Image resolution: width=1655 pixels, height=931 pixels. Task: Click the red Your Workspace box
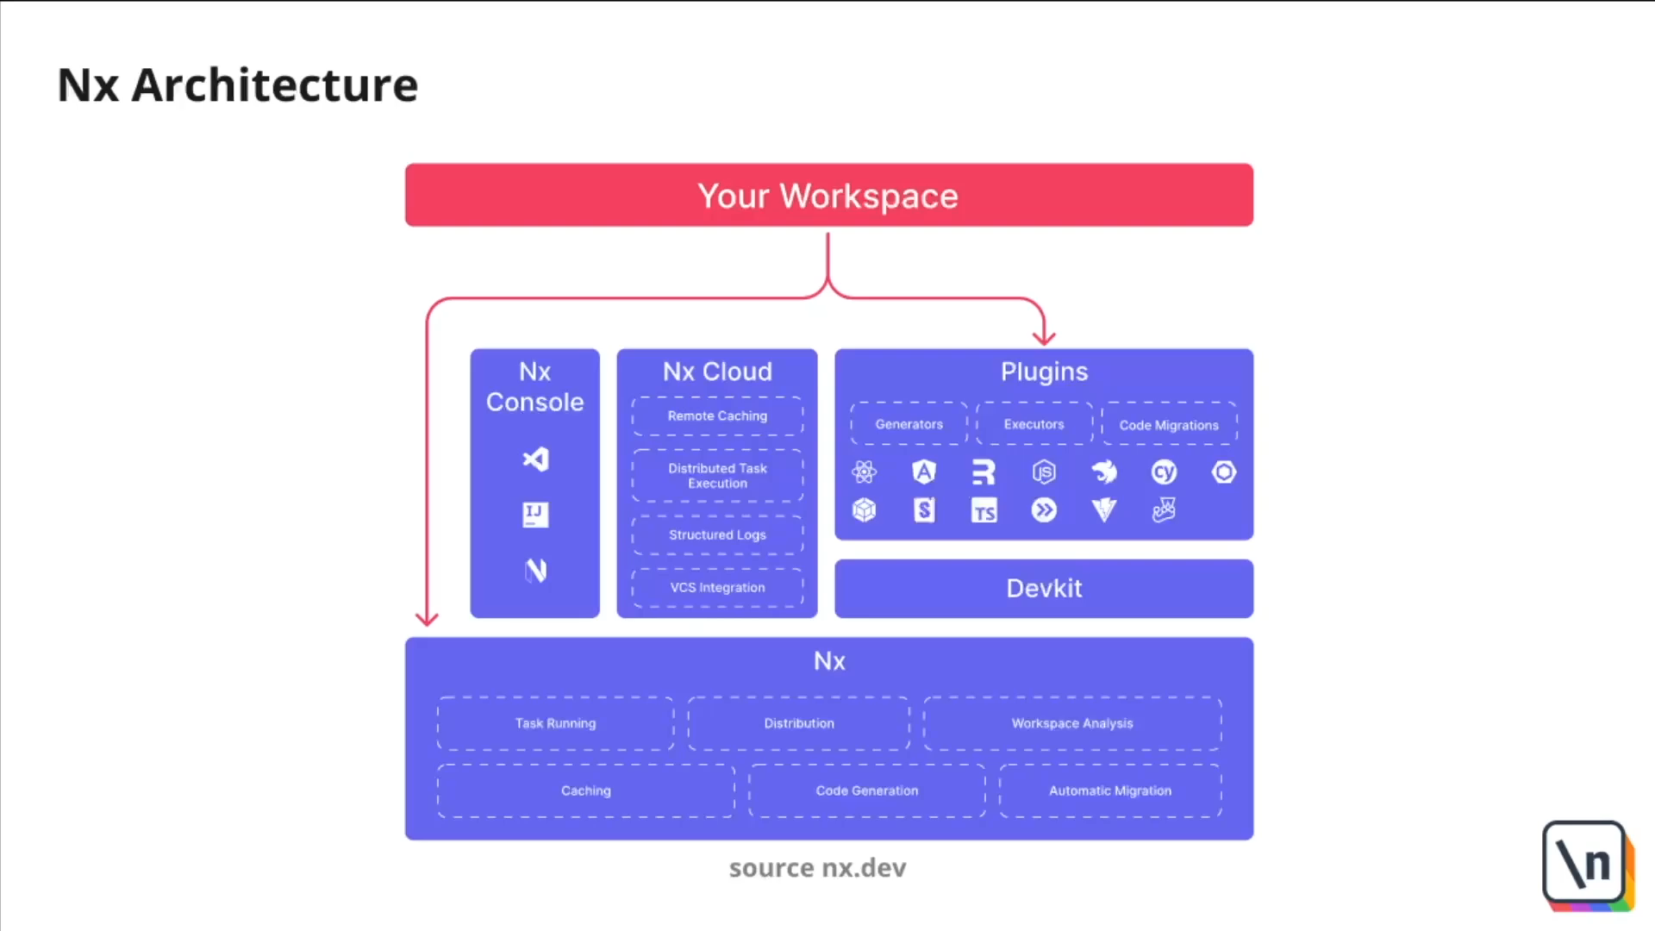(828, 196)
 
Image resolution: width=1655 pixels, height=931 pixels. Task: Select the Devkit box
(1043, 589)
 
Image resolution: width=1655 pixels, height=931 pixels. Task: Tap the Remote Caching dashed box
(717, 416)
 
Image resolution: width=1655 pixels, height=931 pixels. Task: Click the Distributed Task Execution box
(717, 476)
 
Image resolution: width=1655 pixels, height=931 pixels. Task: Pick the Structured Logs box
(717, 535)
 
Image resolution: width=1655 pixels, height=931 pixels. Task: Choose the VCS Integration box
(717, 588)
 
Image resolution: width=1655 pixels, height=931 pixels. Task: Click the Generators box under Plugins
(909, 424)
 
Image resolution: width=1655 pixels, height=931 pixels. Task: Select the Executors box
(1034, 424)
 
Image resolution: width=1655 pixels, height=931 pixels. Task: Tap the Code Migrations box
(1168, 425)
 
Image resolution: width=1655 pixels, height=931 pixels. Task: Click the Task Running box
(555, 723)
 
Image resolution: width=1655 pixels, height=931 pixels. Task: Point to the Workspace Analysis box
(1071, 723)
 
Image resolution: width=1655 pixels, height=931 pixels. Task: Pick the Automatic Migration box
(1109, 790)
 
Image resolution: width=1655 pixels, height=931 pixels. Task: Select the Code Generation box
(866, 790)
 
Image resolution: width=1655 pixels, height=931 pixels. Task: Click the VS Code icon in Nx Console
(535, 459)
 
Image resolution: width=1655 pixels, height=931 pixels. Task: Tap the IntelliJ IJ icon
(535, 515)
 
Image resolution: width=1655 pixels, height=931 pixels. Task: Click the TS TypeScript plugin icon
(984, 510)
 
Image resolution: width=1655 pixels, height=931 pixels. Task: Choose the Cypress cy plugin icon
(1164, 472)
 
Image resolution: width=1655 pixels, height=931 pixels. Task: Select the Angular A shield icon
(924, 472)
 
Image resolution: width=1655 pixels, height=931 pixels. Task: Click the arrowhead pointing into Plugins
(1044, 337)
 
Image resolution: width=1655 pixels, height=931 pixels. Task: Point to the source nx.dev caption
(817, 868)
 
